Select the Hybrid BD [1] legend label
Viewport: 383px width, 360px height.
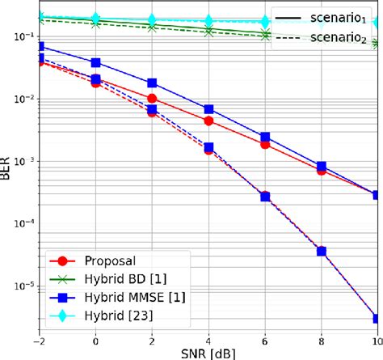click(121, 278)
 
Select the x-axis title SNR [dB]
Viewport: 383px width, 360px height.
click(208, 353)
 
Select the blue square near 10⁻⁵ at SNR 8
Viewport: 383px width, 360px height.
click(322, 252)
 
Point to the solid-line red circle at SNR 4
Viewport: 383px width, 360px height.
click(208, 121)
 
